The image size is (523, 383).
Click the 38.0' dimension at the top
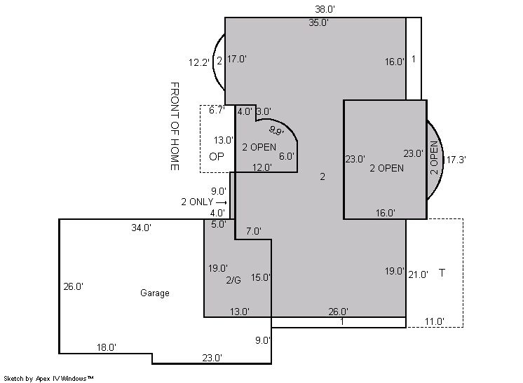(325, 9)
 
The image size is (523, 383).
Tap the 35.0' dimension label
(318, 22)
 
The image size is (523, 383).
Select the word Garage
(155, 293)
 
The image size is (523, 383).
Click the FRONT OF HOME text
(175, 126)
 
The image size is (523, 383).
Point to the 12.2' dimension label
(199, 62)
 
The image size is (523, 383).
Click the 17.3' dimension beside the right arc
(456, 160)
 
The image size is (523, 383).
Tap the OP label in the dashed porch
(217, 157)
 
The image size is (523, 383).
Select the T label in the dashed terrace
(442, 273)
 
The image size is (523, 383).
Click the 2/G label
(233, 280)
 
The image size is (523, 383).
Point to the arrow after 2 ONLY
(222, 202)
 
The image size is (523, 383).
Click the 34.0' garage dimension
(142, 228)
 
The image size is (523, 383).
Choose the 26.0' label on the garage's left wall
(74, 286)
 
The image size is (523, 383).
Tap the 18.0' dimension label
(107, 347)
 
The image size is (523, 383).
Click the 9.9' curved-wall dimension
(276, 130)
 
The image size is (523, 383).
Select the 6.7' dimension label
(217, 110)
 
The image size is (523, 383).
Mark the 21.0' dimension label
(419, 274)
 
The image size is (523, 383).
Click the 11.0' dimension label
(434, 321)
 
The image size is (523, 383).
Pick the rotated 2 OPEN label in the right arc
(434, 158)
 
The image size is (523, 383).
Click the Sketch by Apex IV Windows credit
(48, 379)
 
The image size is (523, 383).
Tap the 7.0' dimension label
(254, 231)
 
